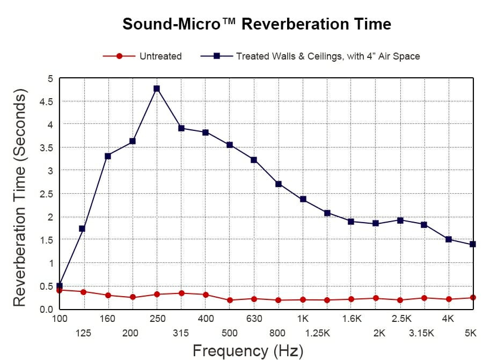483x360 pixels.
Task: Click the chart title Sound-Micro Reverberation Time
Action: (257, 24)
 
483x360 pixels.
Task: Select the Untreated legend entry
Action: (160, 56)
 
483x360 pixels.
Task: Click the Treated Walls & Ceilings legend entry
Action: (327, 56)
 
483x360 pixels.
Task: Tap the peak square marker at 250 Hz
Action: (157, 89)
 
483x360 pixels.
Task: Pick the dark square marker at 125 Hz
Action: (82, 229)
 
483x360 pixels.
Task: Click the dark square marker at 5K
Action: (473, 244)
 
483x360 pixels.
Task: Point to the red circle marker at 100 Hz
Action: (60, 290)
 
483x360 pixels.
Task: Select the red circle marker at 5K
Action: (473, 297)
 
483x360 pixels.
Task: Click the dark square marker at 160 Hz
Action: (108, 156)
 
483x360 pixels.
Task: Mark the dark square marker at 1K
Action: (303, 199)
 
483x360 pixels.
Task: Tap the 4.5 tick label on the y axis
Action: (47, 101)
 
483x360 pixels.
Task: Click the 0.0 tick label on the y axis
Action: (47, 309)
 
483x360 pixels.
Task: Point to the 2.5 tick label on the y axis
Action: (47, 194)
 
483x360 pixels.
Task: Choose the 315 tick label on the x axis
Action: (181, 333)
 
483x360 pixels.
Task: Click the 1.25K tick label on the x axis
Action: (317, 333)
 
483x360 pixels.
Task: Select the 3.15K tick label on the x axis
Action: (421, 333)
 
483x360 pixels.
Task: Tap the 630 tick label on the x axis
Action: (254, 319)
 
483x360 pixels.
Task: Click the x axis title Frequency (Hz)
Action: (247, 351)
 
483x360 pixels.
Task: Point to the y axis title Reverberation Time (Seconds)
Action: (19, 199)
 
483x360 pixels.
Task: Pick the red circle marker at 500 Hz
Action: (230, 300)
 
